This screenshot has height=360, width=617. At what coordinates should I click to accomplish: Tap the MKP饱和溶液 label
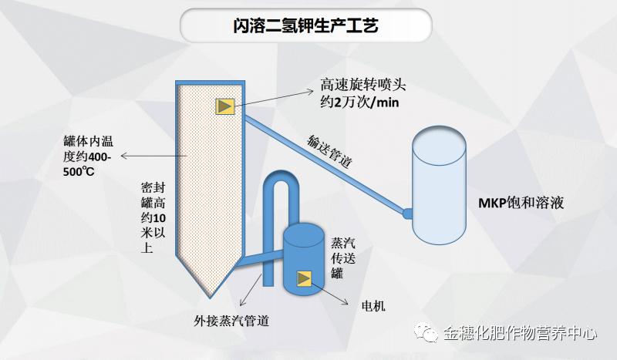521,204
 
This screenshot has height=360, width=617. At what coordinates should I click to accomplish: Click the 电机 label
373,306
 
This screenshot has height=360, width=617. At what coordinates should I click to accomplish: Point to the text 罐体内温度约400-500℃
89,156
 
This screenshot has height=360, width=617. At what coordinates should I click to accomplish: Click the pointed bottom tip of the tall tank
211,295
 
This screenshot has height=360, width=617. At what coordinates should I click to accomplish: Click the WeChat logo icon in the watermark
426,332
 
